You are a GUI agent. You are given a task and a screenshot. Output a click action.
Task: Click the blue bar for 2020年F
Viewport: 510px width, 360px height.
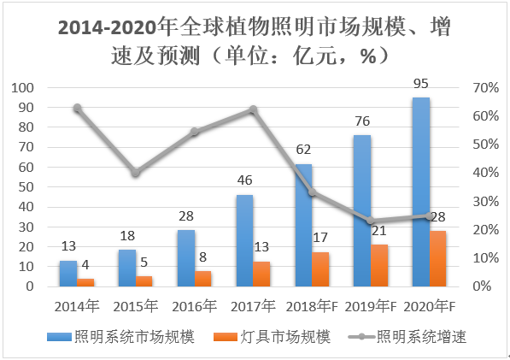[x=420, y=192]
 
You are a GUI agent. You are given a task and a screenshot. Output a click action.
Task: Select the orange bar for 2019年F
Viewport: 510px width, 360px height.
[x=380, y=265]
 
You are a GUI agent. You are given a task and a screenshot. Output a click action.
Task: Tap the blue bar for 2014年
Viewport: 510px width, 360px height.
[x=67, y=273]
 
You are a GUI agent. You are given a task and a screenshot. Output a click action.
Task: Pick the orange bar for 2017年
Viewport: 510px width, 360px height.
[x=262, y=274]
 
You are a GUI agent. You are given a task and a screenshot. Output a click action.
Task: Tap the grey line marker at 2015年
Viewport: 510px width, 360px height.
[x=135, y=173]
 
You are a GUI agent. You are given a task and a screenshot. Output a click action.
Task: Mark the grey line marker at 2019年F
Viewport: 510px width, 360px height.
[x=370, y=221]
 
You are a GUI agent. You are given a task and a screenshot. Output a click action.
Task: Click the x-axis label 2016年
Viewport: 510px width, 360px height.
[x=194, y=306]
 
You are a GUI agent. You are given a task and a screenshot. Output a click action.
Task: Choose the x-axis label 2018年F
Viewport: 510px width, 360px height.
[x=312, y=306]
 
